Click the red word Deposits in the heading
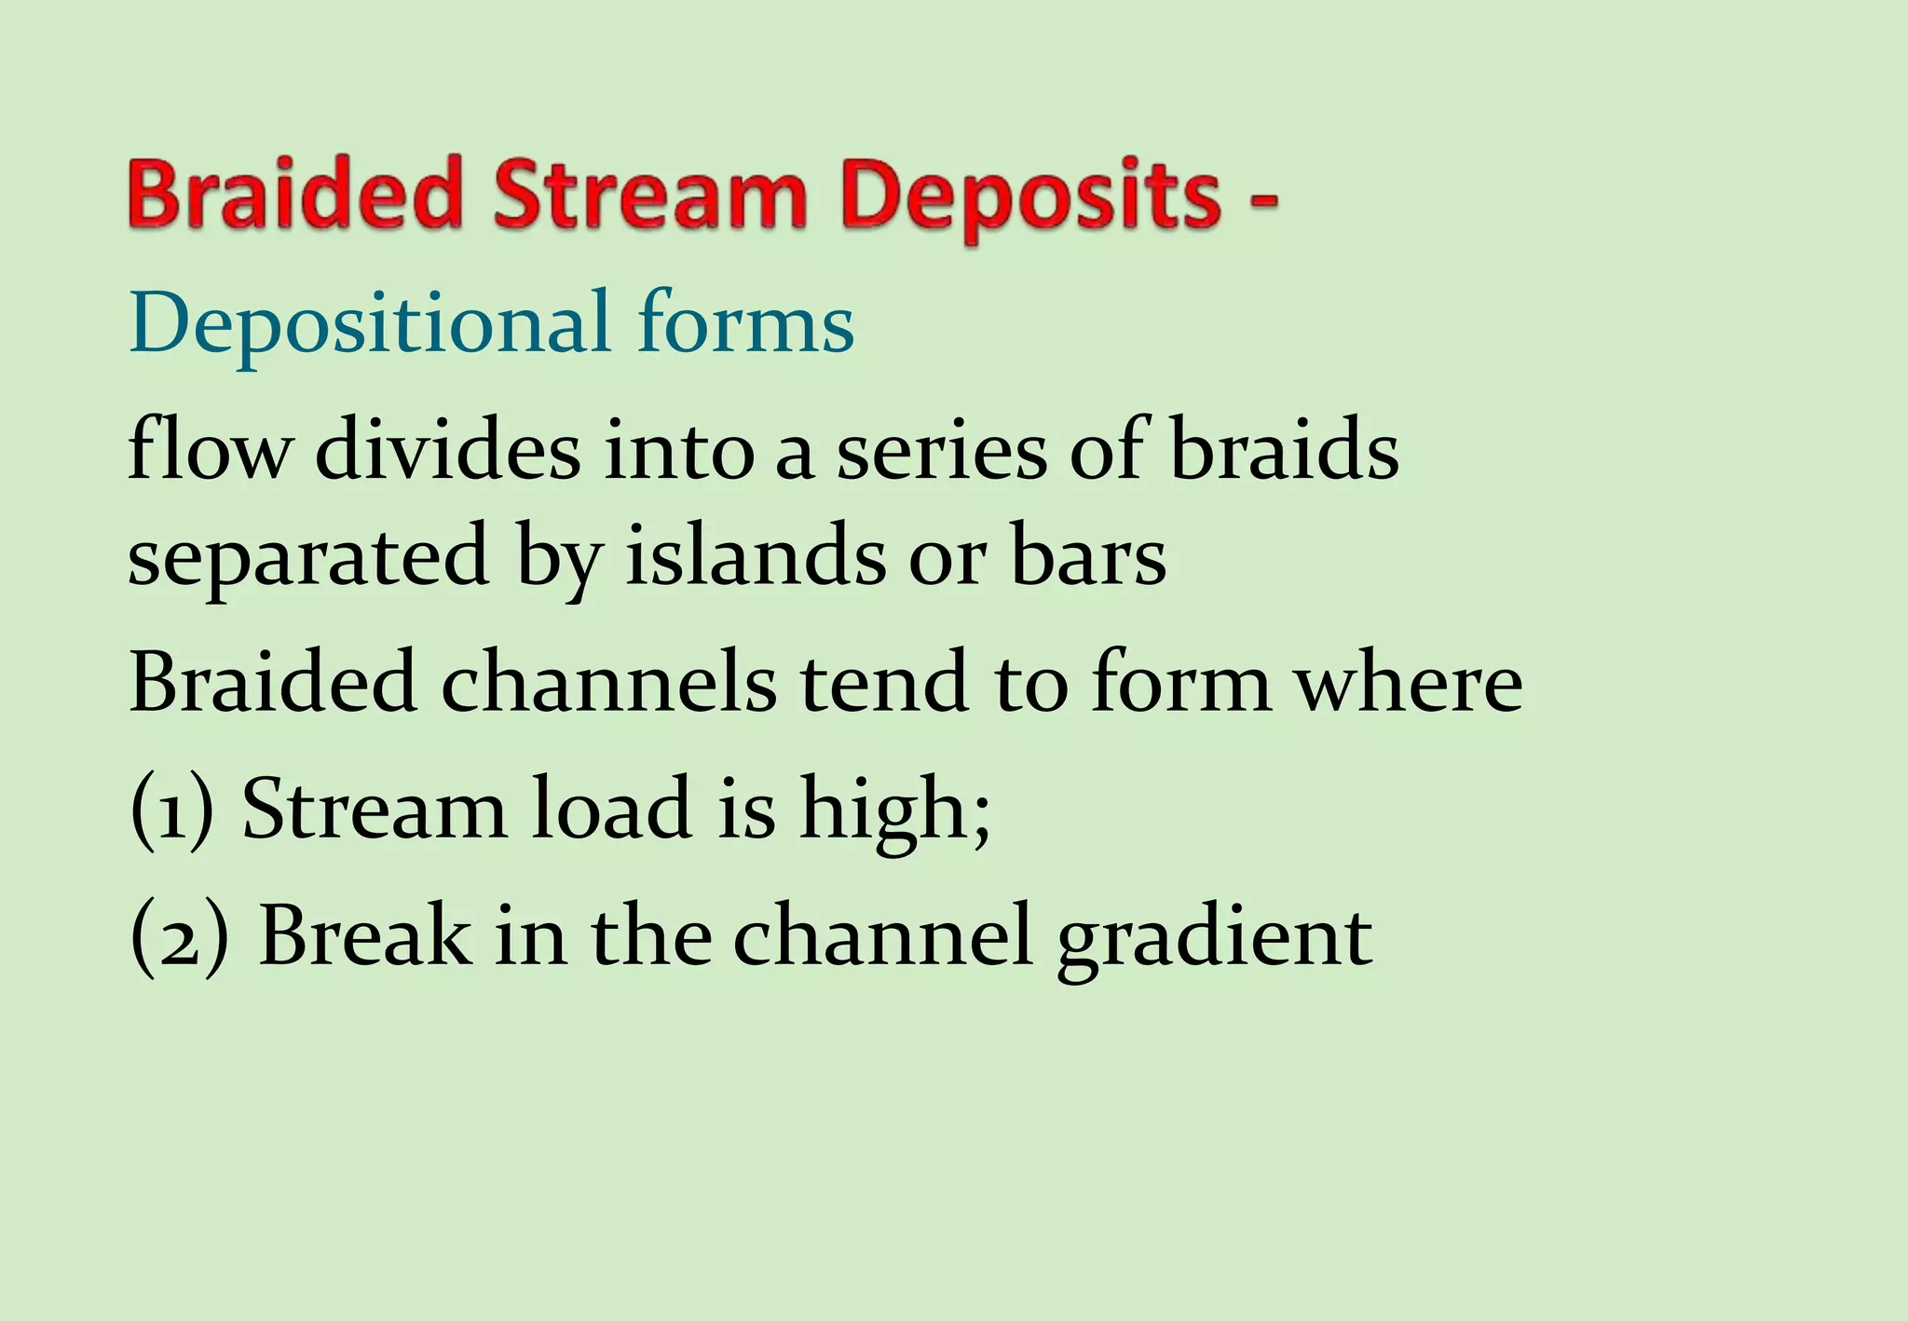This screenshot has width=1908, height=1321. click(1029, 197)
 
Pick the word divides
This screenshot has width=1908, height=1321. click(447, 450)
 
